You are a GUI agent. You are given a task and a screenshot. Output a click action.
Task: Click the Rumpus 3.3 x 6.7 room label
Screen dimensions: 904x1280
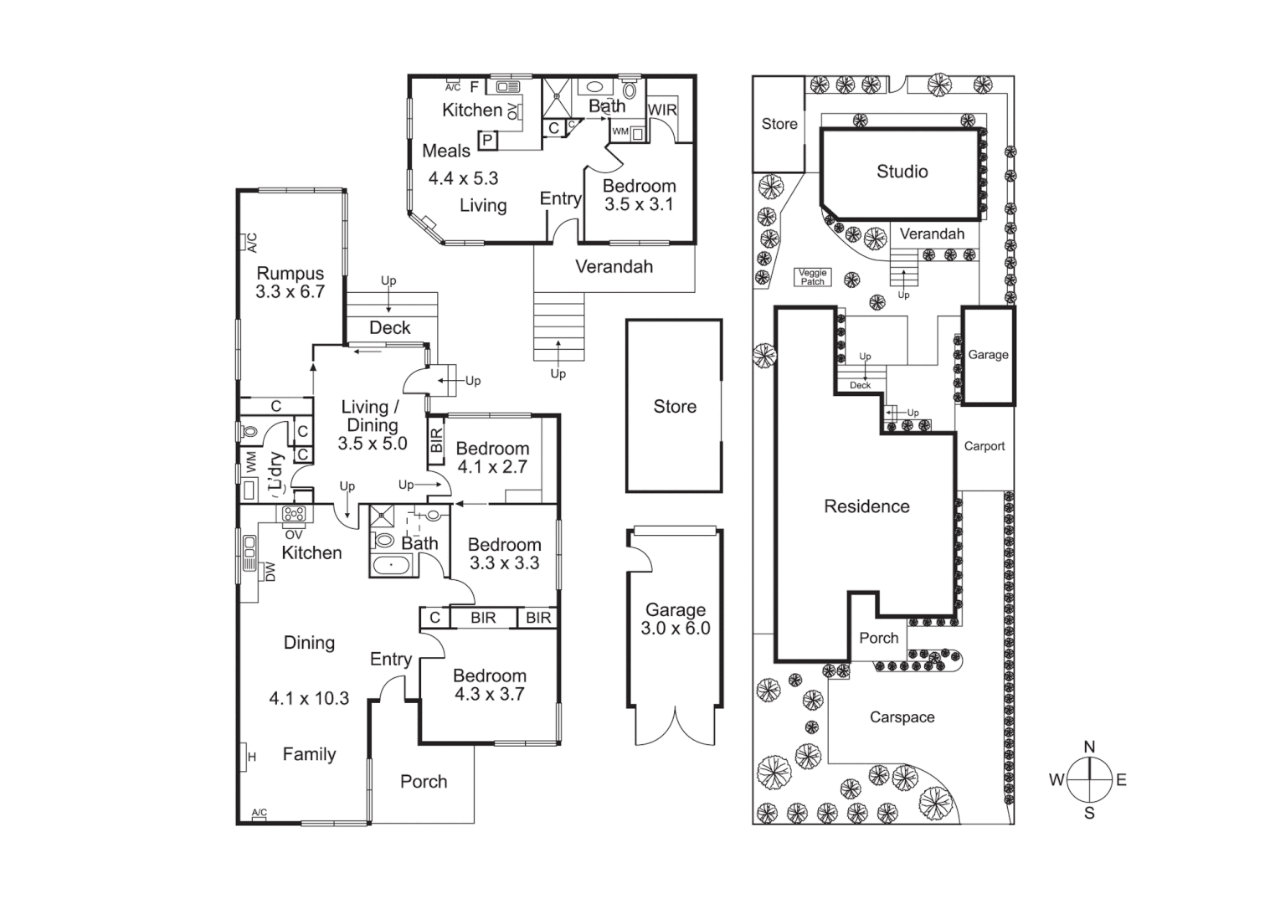point(290,283)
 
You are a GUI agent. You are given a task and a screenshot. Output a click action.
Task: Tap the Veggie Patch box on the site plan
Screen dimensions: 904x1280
point(812,277)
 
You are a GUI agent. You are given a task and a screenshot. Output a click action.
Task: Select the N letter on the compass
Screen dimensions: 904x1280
point(1089,747)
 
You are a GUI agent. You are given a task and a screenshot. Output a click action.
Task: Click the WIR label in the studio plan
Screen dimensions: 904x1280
point(661,110)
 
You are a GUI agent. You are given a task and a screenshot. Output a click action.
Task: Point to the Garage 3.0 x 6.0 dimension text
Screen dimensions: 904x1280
point(675,629)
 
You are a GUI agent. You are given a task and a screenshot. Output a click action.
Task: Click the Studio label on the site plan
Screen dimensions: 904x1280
point(902,172)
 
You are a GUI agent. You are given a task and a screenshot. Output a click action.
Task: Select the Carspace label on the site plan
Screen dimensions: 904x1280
point(902,717)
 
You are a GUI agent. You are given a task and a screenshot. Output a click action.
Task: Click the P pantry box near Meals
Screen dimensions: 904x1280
point(487,141)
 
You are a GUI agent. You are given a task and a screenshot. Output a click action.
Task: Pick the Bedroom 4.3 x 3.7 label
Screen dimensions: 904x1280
point(490,685)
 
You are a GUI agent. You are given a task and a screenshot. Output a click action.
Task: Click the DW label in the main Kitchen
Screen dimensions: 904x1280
point(270,572)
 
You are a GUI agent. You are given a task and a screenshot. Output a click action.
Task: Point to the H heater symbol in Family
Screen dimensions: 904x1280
point(249,757)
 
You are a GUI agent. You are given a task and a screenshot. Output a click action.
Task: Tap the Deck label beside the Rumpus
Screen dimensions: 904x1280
point(389,328)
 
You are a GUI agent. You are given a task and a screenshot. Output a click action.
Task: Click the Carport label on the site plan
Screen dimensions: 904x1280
point(984,446)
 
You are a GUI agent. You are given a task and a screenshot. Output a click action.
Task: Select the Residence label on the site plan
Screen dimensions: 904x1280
point(866,506)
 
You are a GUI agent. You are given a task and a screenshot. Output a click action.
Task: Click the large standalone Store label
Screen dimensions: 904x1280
point(675,407)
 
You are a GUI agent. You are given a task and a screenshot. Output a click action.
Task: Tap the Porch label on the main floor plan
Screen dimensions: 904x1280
point(424,782)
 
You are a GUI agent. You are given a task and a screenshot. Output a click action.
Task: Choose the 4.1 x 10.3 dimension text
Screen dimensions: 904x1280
point(309,698)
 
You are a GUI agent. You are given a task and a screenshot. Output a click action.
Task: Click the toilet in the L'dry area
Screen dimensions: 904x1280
point(249,432)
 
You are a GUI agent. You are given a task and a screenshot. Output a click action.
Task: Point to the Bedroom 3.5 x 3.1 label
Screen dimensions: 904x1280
point(639,195)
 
